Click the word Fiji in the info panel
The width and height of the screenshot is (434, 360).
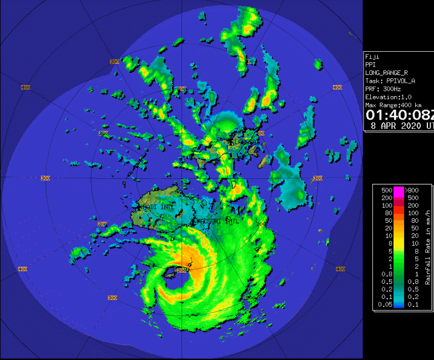(371, 57)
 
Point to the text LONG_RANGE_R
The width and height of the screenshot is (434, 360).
(386, 73)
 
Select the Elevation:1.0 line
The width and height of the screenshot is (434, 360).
(388, 97)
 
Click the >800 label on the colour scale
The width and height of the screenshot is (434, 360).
(412, 191)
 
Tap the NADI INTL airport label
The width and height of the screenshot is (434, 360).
(158, 207)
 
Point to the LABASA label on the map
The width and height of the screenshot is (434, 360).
(243, 142)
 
